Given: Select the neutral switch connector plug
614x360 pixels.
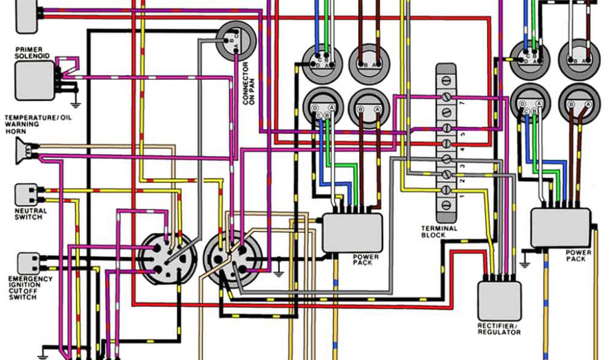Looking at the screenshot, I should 26,193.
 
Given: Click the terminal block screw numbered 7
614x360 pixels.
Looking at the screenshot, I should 446,97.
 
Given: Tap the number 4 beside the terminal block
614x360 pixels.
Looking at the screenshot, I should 462,149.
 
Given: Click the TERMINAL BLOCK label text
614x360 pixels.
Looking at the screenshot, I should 439,232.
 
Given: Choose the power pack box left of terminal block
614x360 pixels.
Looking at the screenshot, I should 352,232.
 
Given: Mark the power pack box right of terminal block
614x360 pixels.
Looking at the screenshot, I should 560,227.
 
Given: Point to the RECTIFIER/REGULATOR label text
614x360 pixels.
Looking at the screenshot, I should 499,329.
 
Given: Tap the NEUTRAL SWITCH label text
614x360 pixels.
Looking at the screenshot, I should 29,214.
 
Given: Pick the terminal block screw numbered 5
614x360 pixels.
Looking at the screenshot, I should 446,128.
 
